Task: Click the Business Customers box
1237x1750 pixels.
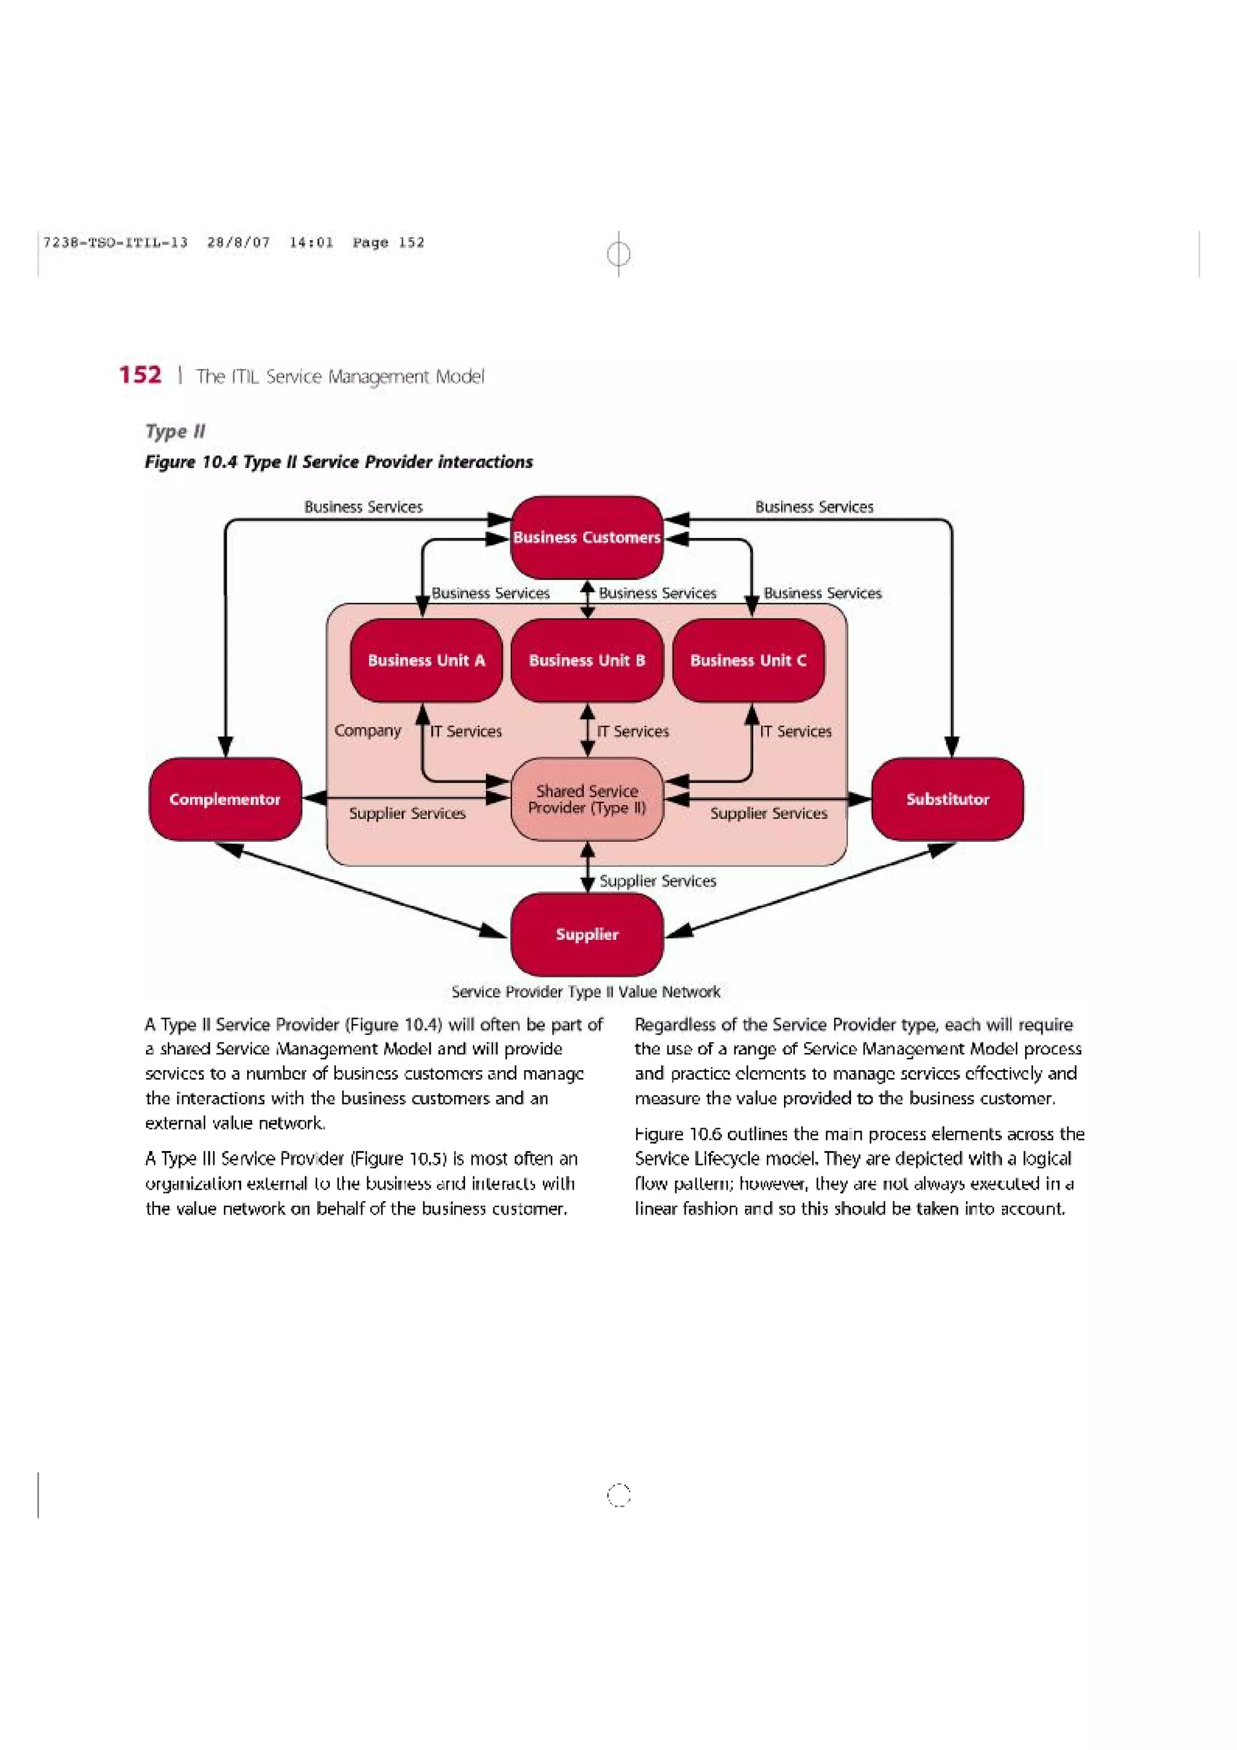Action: [x=586, y=537]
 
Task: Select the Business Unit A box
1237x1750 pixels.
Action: [x=426, y=660]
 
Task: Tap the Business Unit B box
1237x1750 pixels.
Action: [x=587, y=660]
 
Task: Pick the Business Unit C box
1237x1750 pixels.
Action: [x=748, y=660]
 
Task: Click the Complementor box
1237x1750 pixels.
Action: [x=225, y=800]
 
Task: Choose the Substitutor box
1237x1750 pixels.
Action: [x=947, y=800]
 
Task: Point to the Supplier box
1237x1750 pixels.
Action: [x=587, y=934]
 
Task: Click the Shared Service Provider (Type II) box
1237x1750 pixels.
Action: [x=587, y=800]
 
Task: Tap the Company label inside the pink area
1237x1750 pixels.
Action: [x=367, y=730]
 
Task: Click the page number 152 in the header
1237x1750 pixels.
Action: [x=140, y=375]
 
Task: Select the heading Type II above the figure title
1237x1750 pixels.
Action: [x=175, y=431]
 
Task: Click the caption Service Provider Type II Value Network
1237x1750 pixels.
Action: [x=585, y=992]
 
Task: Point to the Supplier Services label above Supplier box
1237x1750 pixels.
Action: [x=658, y=881]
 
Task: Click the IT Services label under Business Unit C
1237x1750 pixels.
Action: [x=795, y=731]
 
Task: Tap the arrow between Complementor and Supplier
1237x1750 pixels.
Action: [x=362, y=889]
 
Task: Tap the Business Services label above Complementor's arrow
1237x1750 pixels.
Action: [x=364, y=507]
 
